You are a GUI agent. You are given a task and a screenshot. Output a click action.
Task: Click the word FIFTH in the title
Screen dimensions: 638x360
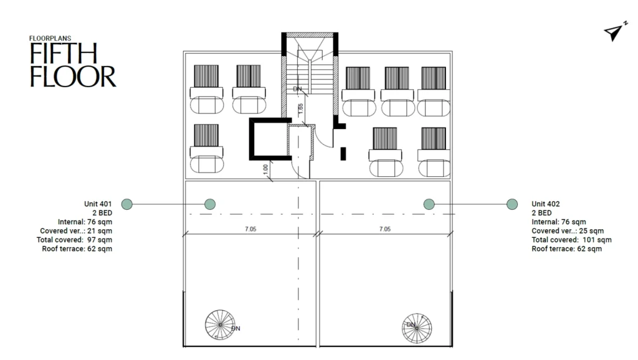point(64,54)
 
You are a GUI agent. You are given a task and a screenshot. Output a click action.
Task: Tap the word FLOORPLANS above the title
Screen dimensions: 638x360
point(50,38)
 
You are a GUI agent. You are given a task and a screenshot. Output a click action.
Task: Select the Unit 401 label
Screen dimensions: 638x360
point(98,204)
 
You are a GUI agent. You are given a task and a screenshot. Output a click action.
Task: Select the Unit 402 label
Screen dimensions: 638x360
point(546,204)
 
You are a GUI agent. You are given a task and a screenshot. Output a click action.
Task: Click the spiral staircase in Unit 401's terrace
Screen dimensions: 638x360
point(220,324)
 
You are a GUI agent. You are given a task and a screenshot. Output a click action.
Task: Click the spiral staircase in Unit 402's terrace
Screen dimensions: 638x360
point(417,328)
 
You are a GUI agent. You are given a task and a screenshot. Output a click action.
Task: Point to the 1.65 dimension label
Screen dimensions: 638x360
point(300,108)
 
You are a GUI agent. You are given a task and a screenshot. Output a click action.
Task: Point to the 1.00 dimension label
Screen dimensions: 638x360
point(265,169)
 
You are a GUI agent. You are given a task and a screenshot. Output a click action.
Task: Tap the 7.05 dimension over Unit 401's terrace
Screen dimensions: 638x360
point(250,229)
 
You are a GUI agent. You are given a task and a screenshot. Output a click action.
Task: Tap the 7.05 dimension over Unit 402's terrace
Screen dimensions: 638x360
point(385,229)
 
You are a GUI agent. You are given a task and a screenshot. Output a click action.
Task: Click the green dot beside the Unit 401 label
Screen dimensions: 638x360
point(127,204)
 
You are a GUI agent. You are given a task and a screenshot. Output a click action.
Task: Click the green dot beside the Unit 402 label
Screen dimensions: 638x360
point(512,204)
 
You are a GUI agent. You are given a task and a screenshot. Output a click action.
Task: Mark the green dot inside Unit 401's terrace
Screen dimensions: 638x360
point(210,204)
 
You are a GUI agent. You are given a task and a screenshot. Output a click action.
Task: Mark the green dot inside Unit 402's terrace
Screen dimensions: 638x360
point(429,204)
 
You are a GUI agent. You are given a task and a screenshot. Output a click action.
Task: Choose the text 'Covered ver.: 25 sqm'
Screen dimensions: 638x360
point(568,230)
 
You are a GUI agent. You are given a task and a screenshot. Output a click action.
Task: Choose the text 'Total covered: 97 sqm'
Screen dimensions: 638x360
point(75,240)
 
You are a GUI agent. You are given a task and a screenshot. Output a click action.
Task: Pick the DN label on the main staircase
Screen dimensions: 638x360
point(297,88)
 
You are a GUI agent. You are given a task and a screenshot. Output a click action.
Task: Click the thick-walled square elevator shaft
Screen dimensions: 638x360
point(270,139)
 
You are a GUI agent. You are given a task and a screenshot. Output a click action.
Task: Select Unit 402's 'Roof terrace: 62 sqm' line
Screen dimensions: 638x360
point(567,249)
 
